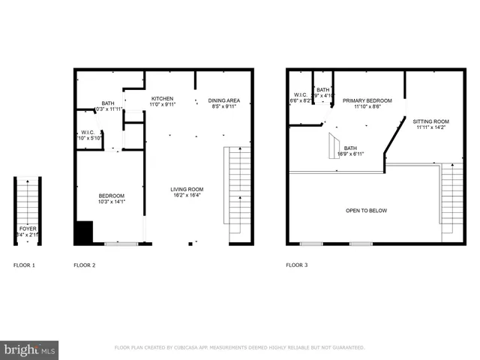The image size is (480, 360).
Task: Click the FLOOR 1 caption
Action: [24, 265]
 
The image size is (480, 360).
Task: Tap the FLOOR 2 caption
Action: [84, 265]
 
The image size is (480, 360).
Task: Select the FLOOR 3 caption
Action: [296, 265]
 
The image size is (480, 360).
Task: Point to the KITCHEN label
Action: [162, 99]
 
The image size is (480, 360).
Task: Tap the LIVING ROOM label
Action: [187, 189]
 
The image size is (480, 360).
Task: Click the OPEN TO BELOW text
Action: [366, 211]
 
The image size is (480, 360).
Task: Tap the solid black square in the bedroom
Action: [82, 232]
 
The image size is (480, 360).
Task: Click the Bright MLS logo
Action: [30, 349]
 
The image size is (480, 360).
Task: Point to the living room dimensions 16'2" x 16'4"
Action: [187, 196]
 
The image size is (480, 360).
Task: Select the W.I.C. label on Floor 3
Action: [299, 94]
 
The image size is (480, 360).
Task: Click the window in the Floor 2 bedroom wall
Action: [120, 243]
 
